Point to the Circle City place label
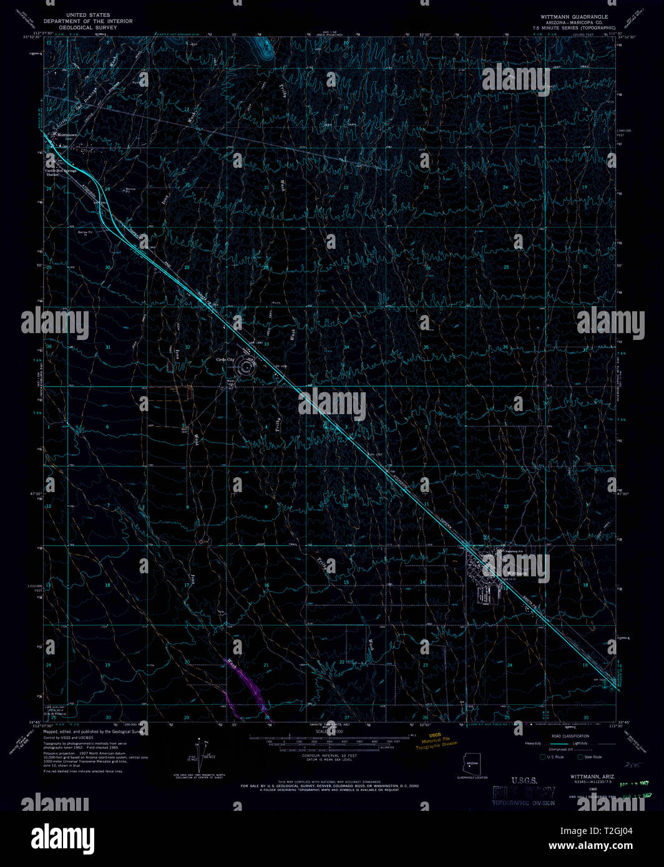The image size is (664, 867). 225,360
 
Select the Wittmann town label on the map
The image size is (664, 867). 517,573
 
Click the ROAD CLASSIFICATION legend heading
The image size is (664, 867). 570,737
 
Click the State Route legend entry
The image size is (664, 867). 590,757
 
